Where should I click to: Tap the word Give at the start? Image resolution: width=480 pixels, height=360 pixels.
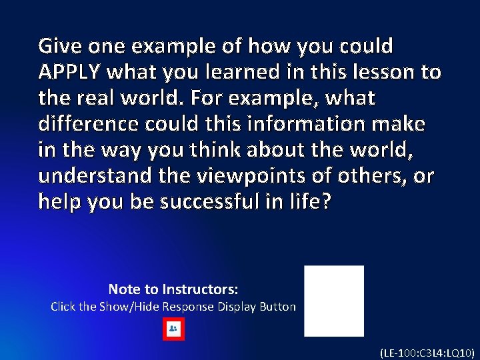point(57,47)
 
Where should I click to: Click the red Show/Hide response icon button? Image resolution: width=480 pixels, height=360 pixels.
point(173,329)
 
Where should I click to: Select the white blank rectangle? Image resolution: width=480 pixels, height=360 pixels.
point(334,301)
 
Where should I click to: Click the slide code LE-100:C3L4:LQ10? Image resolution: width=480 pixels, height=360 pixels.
point(427,351)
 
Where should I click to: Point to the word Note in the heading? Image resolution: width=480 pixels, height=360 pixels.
point(123,289)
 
